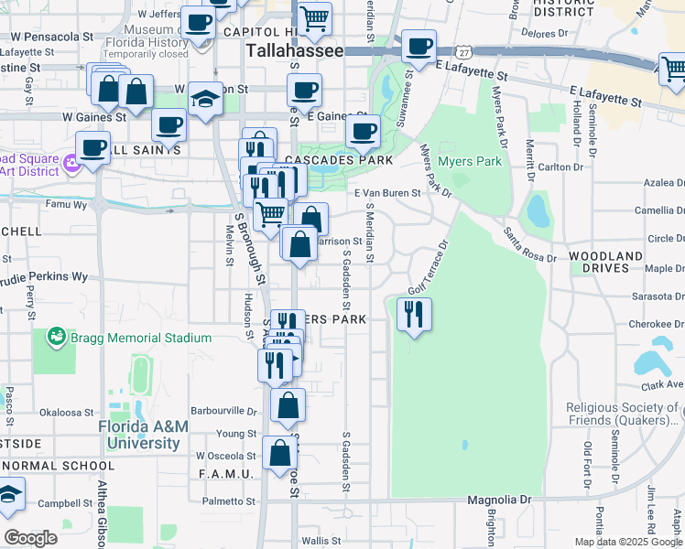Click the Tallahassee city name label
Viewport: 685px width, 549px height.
pyautogui.click(x=294, y=51)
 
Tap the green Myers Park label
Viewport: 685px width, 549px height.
pyautogui.click(x=470, y=162)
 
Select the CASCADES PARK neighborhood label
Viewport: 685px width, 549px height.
pyautogui.click(x=338, y=160)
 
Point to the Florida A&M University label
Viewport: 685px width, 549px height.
pyautogui.click(x=139, y=436)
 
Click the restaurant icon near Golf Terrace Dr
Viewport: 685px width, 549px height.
pyautogui.click(x=414, y=315)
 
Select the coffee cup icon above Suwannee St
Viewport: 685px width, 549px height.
pyautogui.click(x=419, y=47)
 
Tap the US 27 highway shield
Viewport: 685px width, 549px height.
pyautogui.click(x=465, y=54)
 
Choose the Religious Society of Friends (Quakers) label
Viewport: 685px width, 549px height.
pyautogui.click(x=625, y=414)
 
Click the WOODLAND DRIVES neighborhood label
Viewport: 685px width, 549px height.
pyautogui.click(x=604, y=262)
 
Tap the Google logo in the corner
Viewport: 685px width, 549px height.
pyautogui.click(x=30, y=538)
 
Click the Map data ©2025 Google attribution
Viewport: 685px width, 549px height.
pyautogui.click(x=628, y=542)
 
